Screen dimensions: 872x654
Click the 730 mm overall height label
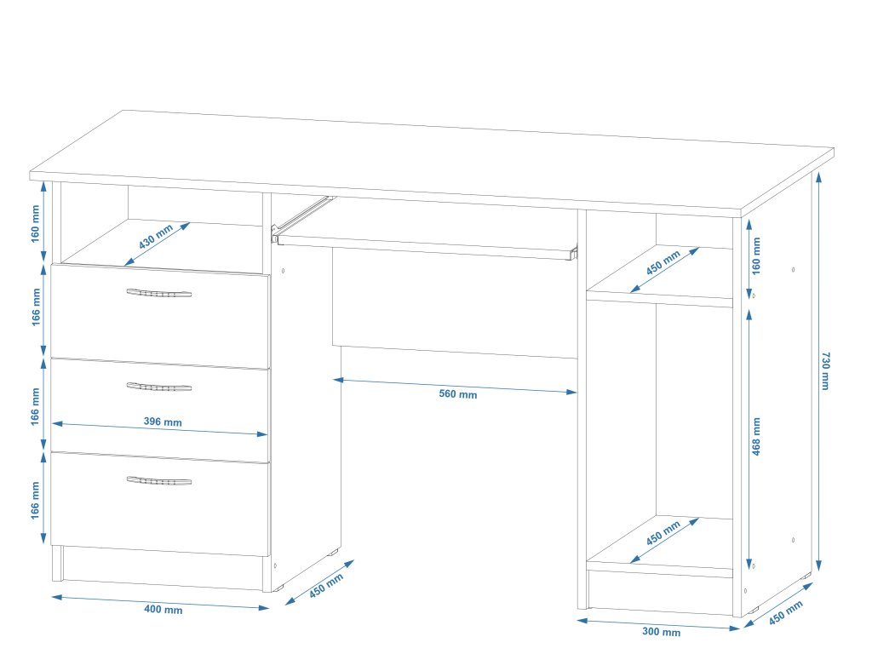824,370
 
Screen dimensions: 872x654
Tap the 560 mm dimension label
458,394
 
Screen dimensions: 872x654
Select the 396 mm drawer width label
163,422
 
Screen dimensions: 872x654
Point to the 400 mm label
163,610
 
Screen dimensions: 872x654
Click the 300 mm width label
661,632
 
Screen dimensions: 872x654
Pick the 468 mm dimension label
756,437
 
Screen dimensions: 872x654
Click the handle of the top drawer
159,294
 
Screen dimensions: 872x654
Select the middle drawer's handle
159,387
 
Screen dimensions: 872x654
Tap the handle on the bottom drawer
159,481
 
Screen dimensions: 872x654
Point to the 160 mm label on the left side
36,223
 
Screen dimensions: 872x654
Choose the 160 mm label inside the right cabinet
756,255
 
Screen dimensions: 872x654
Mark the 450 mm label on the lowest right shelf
663,538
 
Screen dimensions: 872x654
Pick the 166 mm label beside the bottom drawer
36,501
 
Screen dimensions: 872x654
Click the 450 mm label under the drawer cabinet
326,586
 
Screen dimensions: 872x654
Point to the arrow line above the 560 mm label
456,386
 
